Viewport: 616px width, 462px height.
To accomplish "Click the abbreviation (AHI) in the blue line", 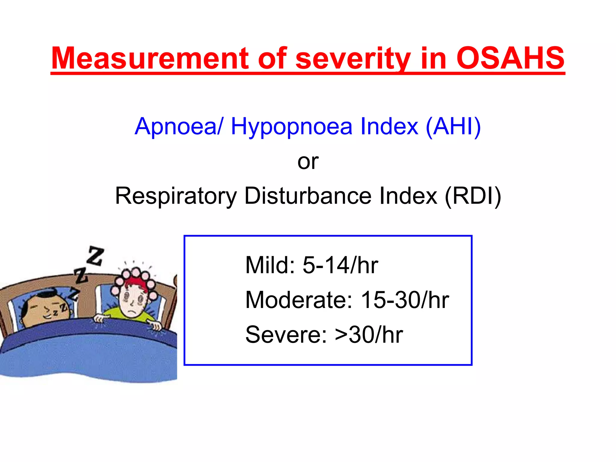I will [x=453, y=126].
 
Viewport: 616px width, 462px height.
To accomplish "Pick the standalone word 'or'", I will [x=308, y=162].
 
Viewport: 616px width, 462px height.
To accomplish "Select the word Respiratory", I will [x=176, y=196].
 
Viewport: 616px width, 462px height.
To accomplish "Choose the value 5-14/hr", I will [x=340, y=265].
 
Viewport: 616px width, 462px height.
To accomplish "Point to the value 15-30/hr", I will [x=405, y=300].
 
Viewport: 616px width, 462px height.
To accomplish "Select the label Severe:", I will [x=286, y=334].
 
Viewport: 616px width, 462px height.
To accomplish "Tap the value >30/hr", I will [x=369, y=334].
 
